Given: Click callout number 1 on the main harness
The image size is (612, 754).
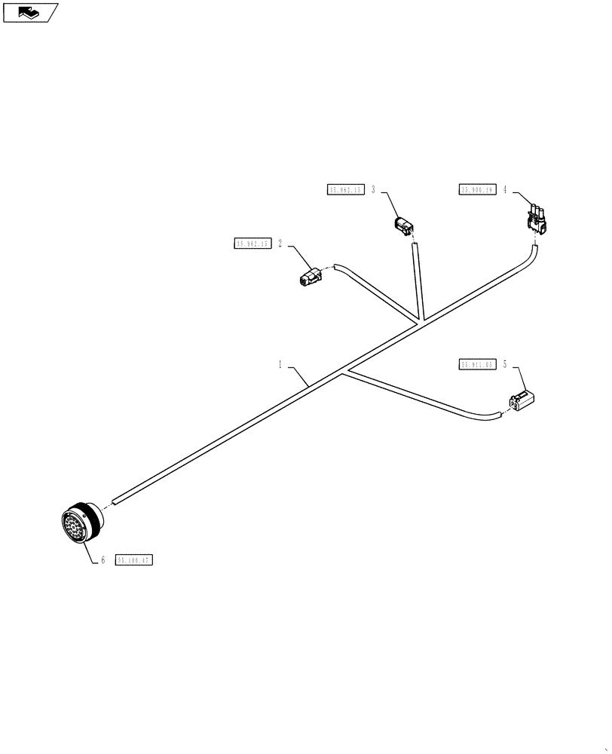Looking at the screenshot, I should point(280,364).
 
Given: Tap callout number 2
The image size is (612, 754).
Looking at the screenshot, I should point(280,244).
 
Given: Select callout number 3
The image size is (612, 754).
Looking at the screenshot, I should point(373,190).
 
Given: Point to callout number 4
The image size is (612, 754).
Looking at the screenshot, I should point(505,190).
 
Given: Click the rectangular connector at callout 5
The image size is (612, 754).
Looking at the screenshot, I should point(522,401).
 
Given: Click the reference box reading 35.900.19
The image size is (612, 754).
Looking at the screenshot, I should point(476,190).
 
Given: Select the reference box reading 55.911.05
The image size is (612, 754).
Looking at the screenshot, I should point(476,365).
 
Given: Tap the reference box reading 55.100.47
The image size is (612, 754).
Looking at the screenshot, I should point(133,560).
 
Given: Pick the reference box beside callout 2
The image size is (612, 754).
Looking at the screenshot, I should point(252,244).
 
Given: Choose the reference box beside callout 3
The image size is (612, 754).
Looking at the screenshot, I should point(345,190).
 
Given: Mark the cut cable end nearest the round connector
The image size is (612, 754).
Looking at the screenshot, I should point(113,499).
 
